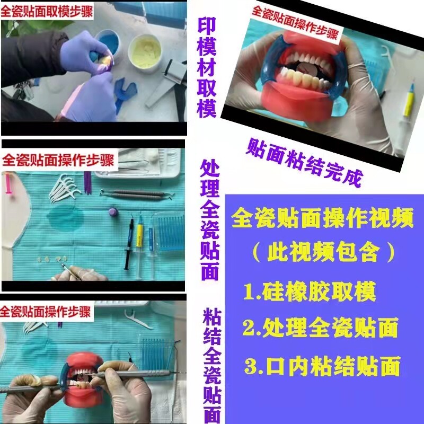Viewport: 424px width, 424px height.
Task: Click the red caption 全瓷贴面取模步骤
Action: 47,11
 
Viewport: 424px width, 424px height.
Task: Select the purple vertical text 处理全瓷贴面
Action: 209,220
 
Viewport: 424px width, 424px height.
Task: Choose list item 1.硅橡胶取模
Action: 310,293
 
